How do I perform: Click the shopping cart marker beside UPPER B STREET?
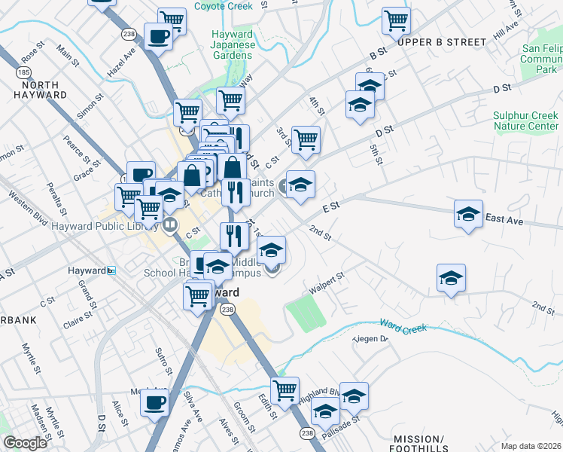[396, 21]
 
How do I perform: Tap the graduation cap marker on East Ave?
[468, 213]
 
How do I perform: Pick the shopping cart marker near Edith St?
[285, 390]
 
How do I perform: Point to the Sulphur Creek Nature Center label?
[526, 121]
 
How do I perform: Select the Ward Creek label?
[403, 327]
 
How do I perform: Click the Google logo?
[25, 443]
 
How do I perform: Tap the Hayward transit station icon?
[111, 270]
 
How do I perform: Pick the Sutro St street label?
[164, 361]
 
